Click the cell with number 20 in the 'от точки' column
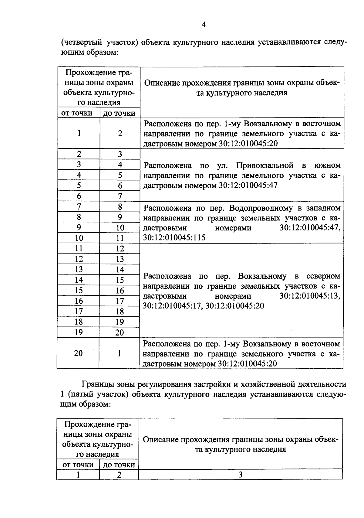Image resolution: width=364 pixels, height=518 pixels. [x=78, y=353]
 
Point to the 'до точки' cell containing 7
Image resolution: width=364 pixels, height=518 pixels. [x=120, y=196]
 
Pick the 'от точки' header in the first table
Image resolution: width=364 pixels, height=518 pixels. [x=77, y=113]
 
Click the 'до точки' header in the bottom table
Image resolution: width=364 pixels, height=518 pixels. [x=119, y=465]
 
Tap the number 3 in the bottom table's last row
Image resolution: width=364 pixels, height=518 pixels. [x=240, y=475]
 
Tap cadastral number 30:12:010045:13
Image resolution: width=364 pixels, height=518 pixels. [x=310, y=296]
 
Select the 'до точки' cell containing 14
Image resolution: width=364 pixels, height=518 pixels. [x=120, y=270]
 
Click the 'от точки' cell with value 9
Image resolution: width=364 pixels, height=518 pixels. [x=79, y=227]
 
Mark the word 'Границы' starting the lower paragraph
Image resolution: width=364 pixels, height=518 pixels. [x=96, y=384]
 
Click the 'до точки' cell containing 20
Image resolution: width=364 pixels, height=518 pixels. [x=120, y=332]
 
